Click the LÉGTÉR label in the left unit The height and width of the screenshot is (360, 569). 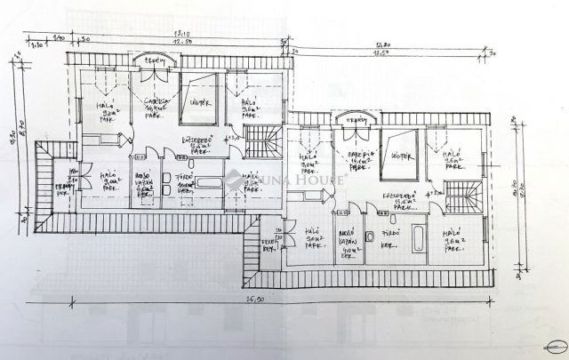coord(201,103)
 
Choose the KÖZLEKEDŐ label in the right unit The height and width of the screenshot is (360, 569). coord(397,200)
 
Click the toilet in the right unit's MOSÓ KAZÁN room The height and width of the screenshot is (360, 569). coord(365,237)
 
